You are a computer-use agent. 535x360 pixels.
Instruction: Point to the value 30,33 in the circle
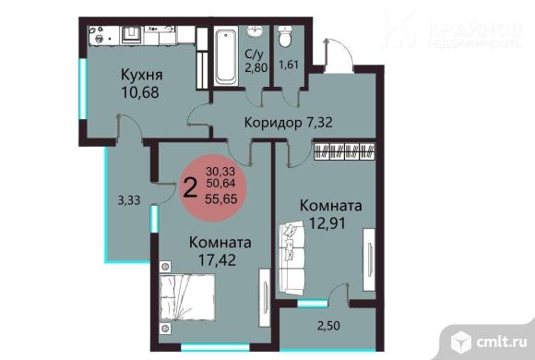point(220,172)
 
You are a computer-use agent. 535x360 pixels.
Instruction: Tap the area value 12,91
point(330,223)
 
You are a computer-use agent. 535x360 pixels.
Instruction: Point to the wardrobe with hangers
point(345,150)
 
